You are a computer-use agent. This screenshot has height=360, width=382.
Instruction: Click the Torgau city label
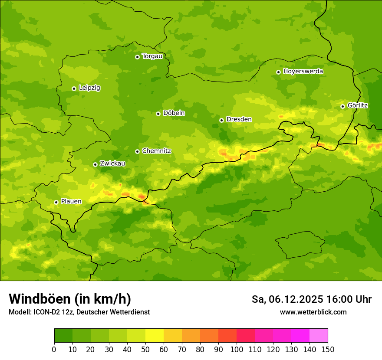[x=152, y=56]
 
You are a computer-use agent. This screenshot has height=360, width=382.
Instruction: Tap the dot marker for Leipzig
[x=74, y=88]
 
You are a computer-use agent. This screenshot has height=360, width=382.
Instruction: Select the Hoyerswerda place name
[x=303, y=72]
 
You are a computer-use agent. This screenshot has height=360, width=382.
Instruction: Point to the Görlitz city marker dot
[x=342, y=106]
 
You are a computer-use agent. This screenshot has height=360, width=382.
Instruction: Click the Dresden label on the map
[x=239, y=119]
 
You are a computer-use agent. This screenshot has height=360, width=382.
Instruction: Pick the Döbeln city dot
[x=158, y=114]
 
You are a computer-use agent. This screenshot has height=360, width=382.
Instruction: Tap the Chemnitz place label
[x=156, y=151]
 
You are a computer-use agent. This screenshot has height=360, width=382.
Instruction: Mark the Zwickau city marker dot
[x=95, y=164]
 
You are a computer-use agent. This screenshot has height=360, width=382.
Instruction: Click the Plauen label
[x=71, y=202]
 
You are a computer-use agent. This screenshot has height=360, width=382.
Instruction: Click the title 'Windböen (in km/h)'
[x=70, y=299]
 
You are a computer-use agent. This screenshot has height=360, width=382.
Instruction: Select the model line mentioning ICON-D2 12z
[x=79, y=312]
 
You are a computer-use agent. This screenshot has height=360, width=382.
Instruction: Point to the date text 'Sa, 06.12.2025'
[x=287, y=299]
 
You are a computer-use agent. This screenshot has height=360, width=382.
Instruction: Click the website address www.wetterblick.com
[x=313, y=312]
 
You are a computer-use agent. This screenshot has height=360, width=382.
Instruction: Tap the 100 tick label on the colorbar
[x=237, y=349]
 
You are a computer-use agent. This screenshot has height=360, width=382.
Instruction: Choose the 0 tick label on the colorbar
[x=54, y=349]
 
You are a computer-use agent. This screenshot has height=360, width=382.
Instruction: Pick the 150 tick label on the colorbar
[x=328, y=349]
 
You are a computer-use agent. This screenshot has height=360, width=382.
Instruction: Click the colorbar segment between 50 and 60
[x=155, y=336]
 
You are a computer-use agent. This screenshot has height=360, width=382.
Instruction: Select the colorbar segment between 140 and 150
[x=319, y=336]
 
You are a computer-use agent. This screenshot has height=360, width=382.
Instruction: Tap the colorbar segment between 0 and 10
[x=63, y=336]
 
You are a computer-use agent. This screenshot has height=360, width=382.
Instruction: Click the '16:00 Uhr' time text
[x=350, y=299]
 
